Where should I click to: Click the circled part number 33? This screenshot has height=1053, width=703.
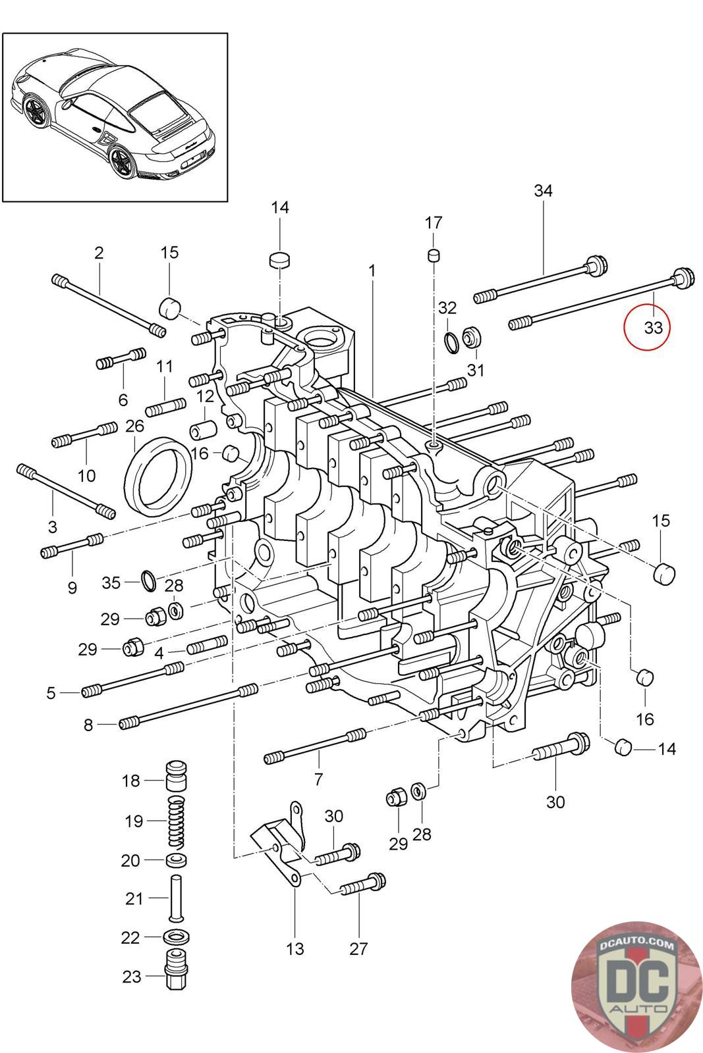[653, 327]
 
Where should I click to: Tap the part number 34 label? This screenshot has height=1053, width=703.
[543, 190]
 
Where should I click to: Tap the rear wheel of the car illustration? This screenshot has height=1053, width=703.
[123, 162]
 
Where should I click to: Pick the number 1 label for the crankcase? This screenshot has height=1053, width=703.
[372, 271]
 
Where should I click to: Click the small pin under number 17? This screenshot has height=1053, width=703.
[434, 256]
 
